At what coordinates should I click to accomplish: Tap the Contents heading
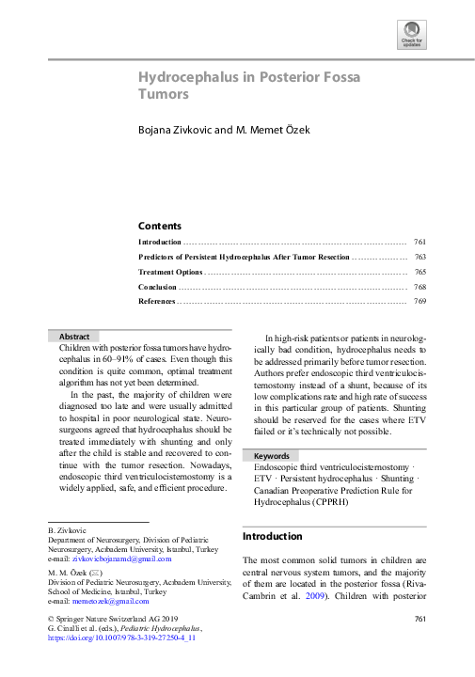(x=160, y=226)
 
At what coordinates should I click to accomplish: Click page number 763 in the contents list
(x=420, y=257)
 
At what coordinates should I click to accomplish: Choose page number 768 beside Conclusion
(x=420, y=287)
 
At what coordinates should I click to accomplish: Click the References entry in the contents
(x=156, y=302)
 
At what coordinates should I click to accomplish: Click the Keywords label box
(x=272, y=456)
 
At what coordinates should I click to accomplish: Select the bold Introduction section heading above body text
(x=273, y=537)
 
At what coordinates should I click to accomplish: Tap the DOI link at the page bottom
(x=121, y=638)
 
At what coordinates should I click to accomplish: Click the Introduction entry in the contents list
(x=160, y=242)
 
